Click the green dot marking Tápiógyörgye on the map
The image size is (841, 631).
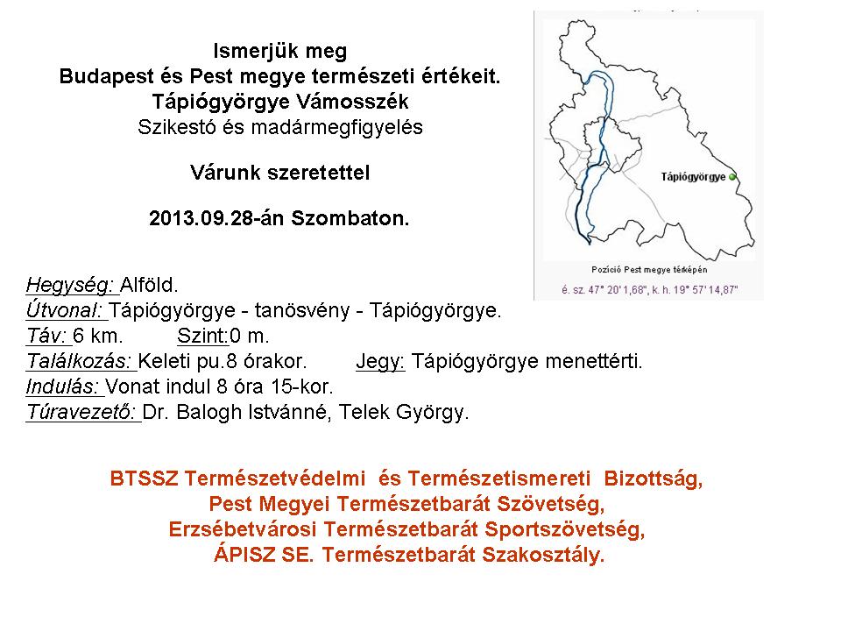tap(732, 176)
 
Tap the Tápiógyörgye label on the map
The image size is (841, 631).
tap(693, 177)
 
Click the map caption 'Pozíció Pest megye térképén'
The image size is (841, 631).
tap(649, 269)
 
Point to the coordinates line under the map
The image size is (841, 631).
tap(649, 290)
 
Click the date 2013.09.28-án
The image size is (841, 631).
tap(218, 218)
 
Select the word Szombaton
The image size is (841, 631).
tap(350, 218)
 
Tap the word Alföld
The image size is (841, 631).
tap(149, 284)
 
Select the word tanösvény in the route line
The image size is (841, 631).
tap(302, 310)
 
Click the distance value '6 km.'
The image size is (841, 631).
tap(97, 336)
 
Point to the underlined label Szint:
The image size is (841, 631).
tap(202, 336)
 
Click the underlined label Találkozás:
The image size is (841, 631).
tap(80, 361)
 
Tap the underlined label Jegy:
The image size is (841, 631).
tap(380, 361)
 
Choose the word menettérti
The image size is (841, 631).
tap(594, 361)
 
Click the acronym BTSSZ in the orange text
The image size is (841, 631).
tap(144, 479)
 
